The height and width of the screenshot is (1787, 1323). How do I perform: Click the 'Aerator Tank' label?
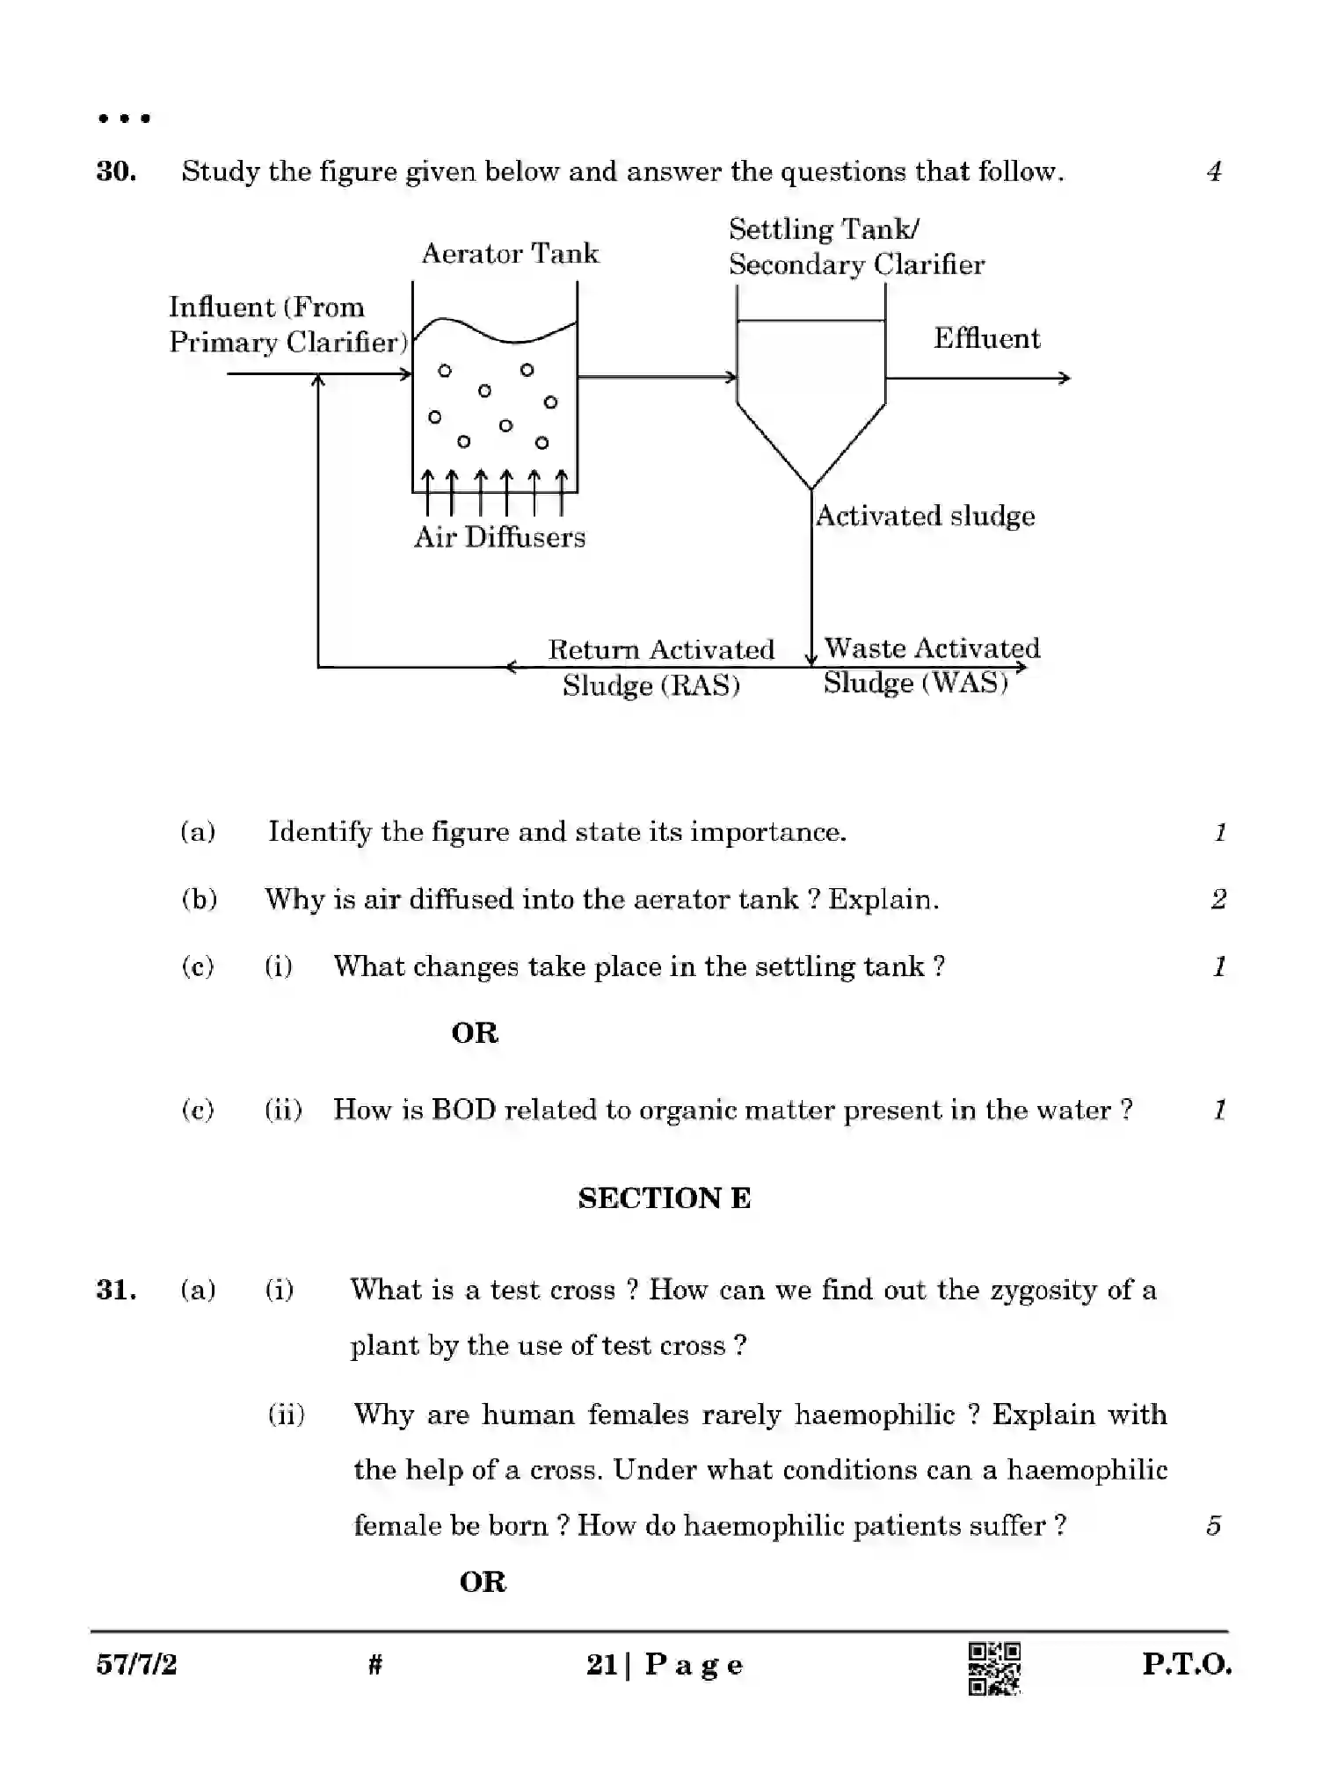tap(510, 254)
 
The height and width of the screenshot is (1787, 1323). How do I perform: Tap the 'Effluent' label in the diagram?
tap(986, 338)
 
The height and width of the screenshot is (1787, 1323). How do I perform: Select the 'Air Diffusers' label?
tap(499, 537)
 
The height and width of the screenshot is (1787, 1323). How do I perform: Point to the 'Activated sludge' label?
tap(925, 516)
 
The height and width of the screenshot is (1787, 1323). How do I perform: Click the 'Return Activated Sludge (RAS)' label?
tap(660, 667)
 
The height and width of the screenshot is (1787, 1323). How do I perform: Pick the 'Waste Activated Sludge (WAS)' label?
tap(930, 665)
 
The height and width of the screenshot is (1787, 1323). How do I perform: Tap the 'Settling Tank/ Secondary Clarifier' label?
tap(856, 247)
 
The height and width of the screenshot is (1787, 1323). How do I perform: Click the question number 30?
tap(116, 171)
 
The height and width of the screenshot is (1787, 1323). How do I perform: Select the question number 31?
tap(116, 1290)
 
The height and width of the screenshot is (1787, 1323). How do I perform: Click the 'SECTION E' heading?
tap(664, 1198)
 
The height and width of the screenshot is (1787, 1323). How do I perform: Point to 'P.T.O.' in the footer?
tap(1186, 1664)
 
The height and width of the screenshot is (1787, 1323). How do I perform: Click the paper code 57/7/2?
tap(136, 1664)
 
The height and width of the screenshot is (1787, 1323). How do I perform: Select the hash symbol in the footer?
tap(375, 1664)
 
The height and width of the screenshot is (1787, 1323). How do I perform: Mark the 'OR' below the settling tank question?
tap(475, 1032)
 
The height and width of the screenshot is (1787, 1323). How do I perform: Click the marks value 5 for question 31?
tap(1214, 1525)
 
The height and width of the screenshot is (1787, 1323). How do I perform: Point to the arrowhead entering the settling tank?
tap(731, 378)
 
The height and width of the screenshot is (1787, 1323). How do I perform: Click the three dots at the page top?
tap(124, 118)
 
